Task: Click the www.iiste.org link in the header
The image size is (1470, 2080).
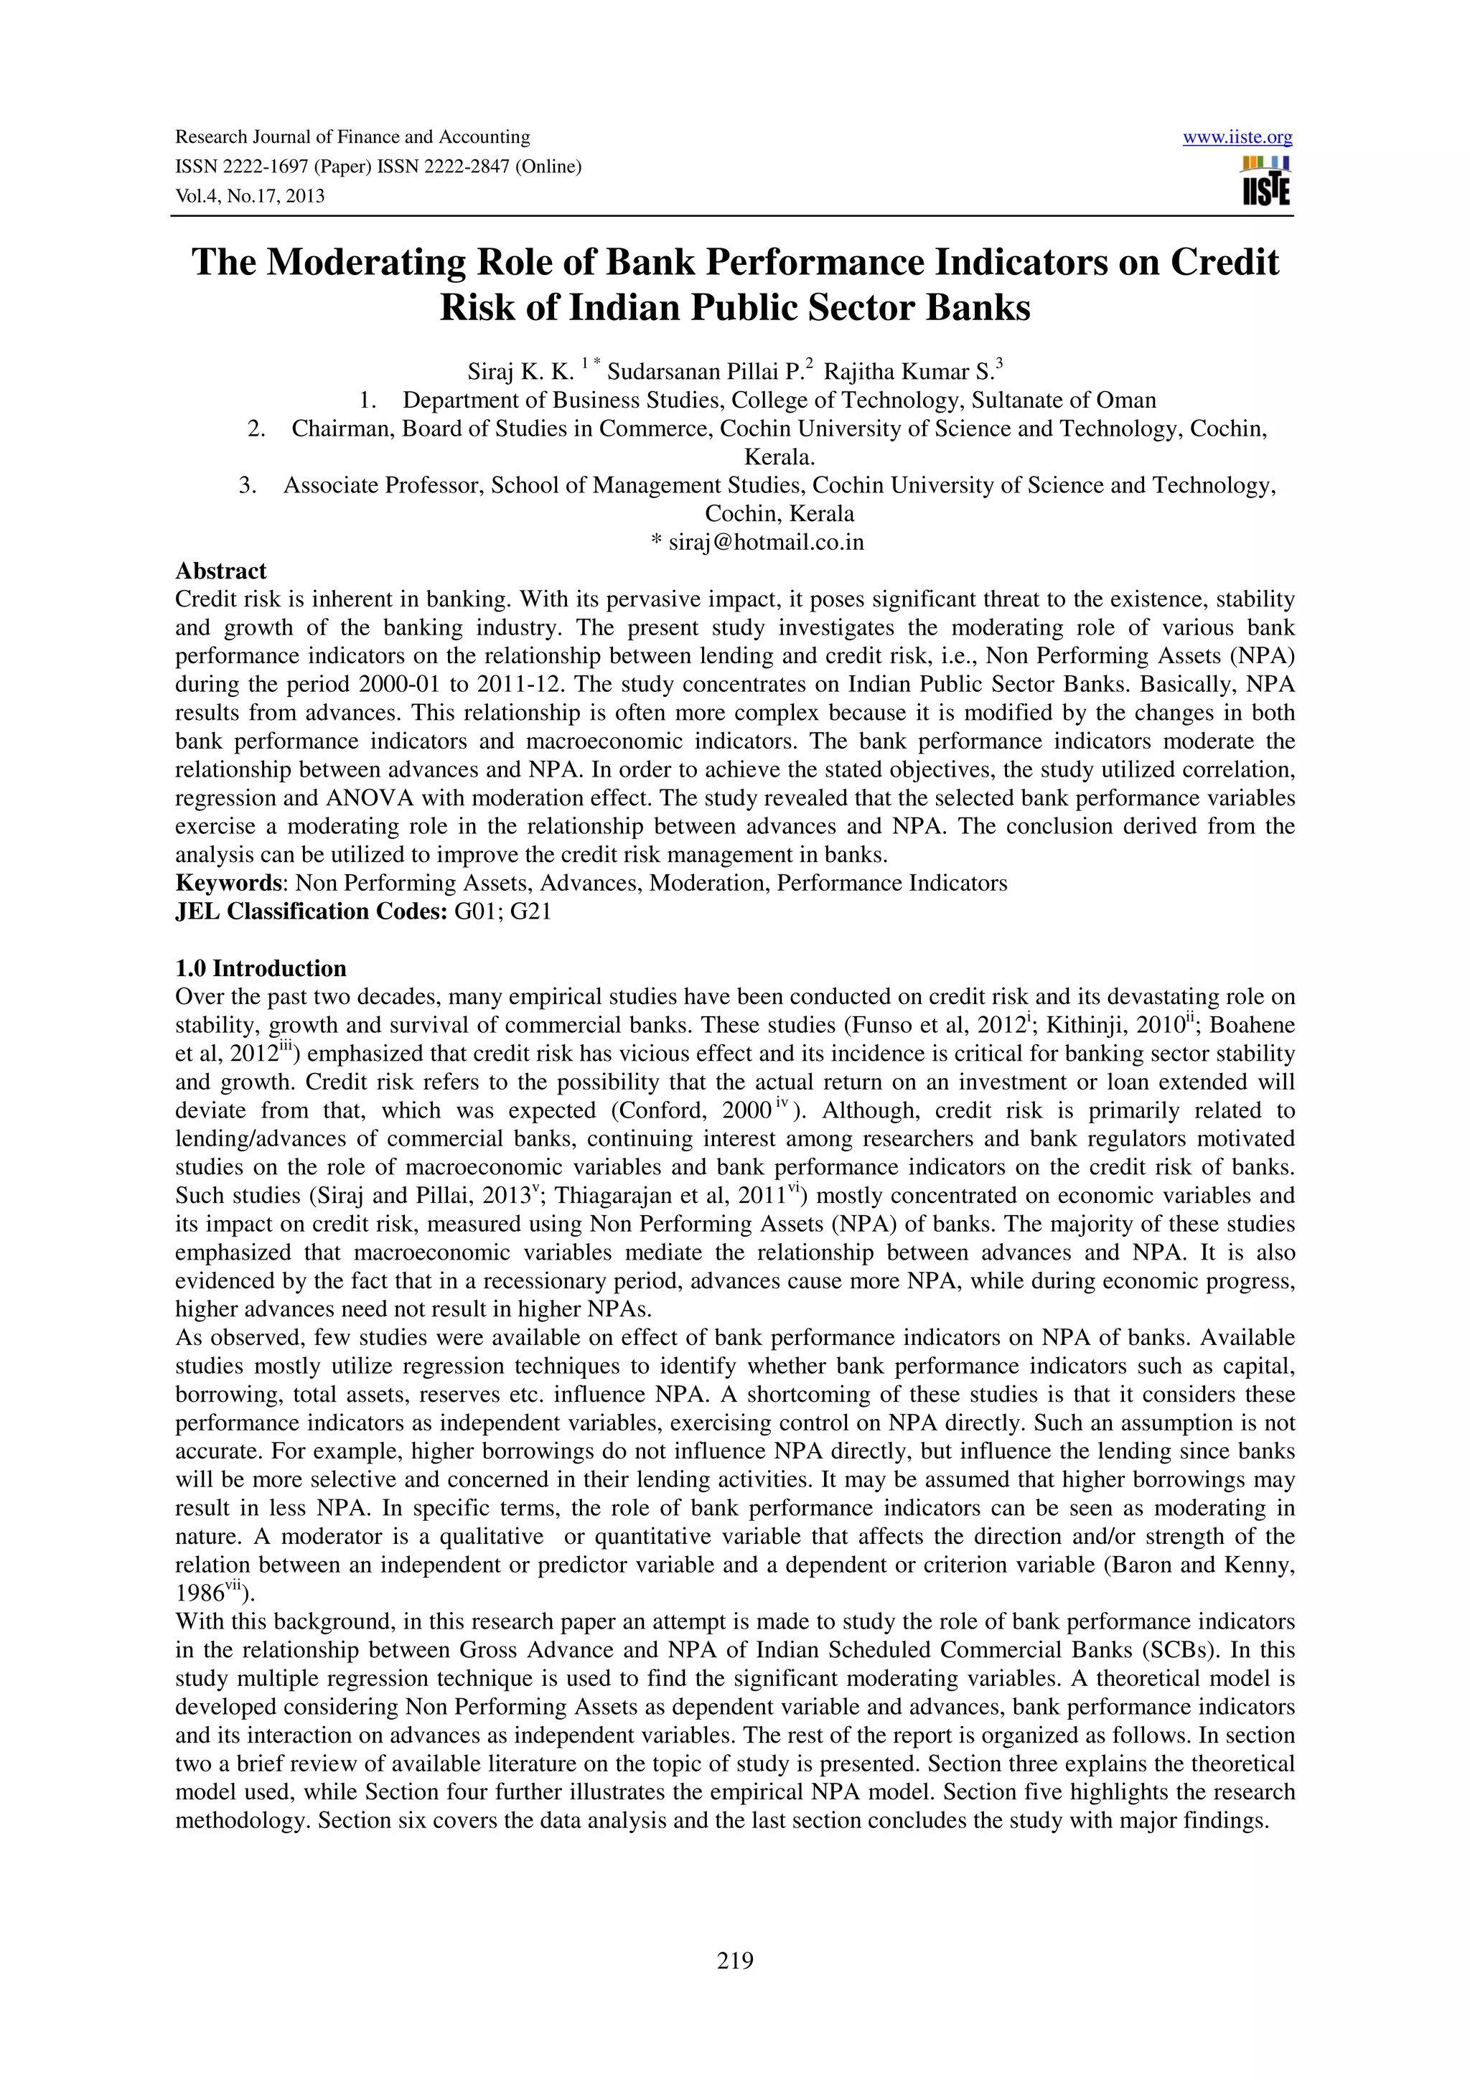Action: click(1237, 138)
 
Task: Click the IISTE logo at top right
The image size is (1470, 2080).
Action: click(1266, 181)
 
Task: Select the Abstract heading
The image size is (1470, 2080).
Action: click(221, 571)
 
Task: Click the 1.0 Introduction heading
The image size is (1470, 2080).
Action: click(261, 968)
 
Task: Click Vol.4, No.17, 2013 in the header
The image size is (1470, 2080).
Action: click(250, 196)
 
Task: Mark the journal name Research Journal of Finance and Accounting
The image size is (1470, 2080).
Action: click(352, 138)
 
